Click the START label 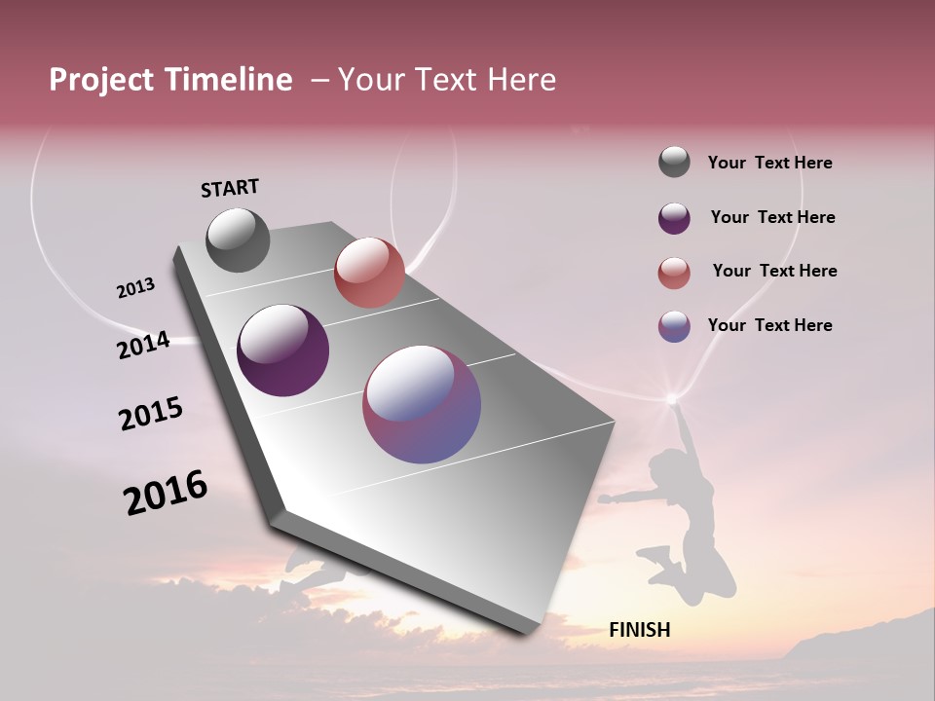230,188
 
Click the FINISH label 639,630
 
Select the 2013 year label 135,288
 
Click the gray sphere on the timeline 238,240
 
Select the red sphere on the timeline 369,273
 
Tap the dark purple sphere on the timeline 282,350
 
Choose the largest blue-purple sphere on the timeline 422,404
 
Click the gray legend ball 674,163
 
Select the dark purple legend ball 674,218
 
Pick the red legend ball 674,273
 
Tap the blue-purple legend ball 674,326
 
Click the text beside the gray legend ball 769,164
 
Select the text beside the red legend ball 774,271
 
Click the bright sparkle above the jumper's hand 670,397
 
